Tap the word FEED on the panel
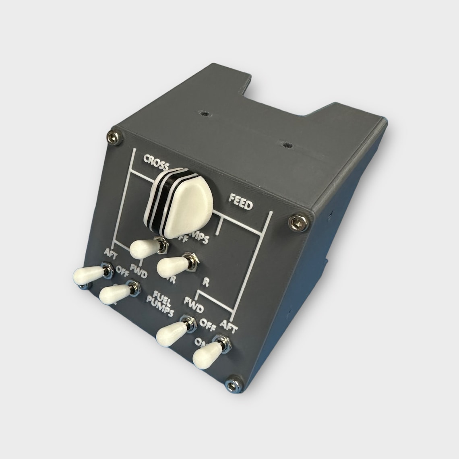coord(240,202)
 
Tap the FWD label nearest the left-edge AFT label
coord(137,276)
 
